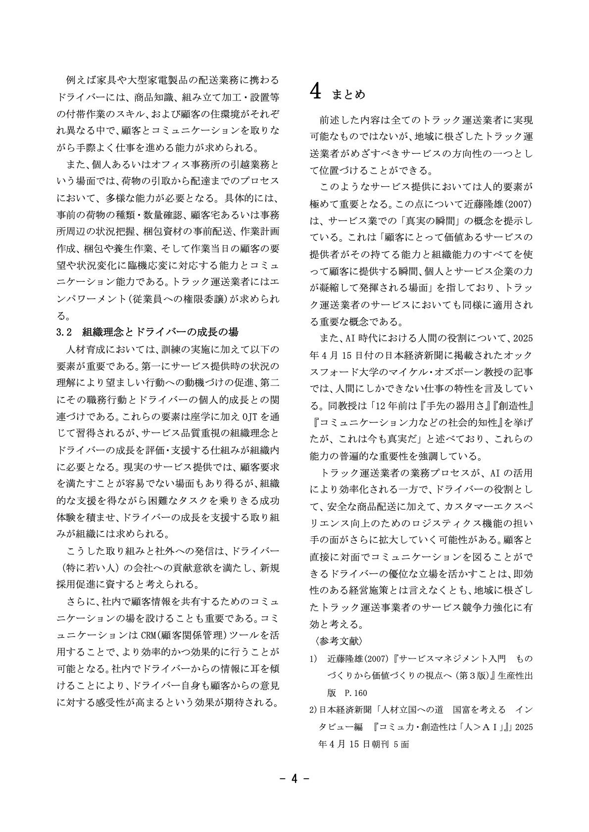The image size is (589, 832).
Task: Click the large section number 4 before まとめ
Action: click(317, 92)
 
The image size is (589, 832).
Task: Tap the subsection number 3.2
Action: click(65, 331)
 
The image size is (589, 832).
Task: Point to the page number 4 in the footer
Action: click(294, 779)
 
